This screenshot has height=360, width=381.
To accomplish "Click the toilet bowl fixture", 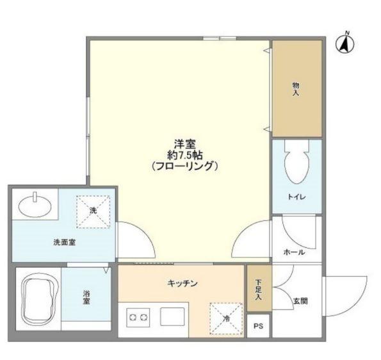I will [x=295, y=166].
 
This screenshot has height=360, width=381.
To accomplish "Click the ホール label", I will [x=294, y=252].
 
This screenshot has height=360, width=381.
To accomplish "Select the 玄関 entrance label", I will [x=300, y=300].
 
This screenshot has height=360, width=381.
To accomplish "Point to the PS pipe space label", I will [x=259, y=326].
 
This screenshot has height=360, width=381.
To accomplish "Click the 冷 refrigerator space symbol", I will [x=225, y=316].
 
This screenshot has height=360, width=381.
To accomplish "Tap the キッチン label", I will [x=182, y=283].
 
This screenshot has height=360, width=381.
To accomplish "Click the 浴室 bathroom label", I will [x=86, y=298].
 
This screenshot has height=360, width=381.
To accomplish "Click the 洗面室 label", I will [x=64, y=243].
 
